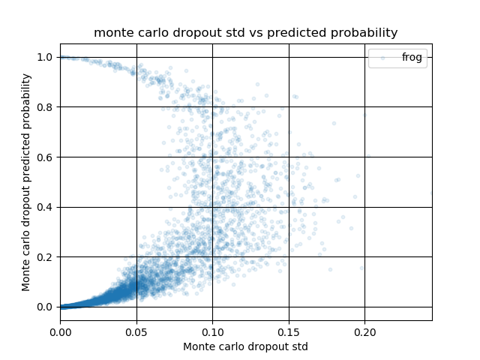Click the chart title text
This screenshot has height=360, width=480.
click(x=245, y=33)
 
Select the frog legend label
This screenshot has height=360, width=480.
click(x=412, y=57)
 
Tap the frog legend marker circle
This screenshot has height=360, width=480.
click(x=382, y=58)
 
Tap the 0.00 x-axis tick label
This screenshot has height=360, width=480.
click(x=61, y=332)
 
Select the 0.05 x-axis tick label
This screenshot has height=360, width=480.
click(x=136, y=332)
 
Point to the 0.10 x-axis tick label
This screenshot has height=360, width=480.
click(x=212, y=332)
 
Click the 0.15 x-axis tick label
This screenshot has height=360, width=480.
click(x=289, y=332)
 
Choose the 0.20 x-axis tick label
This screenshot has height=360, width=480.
click(x=365, y=332)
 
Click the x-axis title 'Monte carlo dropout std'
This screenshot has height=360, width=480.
click(x=245, y=346)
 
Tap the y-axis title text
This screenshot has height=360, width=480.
click(x=26, y=182)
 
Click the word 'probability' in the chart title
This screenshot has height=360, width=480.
click(x=363, y=33)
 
